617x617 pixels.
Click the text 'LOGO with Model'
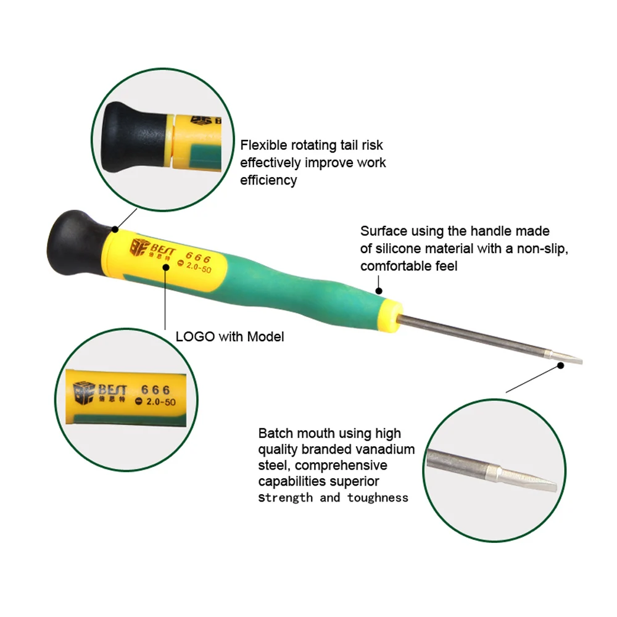[230, 337]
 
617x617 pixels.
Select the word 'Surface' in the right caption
[384, 231]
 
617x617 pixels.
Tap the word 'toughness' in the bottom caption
[378, 498]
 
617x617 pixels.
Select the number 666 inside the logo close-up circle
[156, 390]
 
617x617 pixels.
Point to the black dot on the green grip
[379, 291]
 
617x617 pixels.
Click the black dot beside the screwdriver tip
[561, 365]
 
